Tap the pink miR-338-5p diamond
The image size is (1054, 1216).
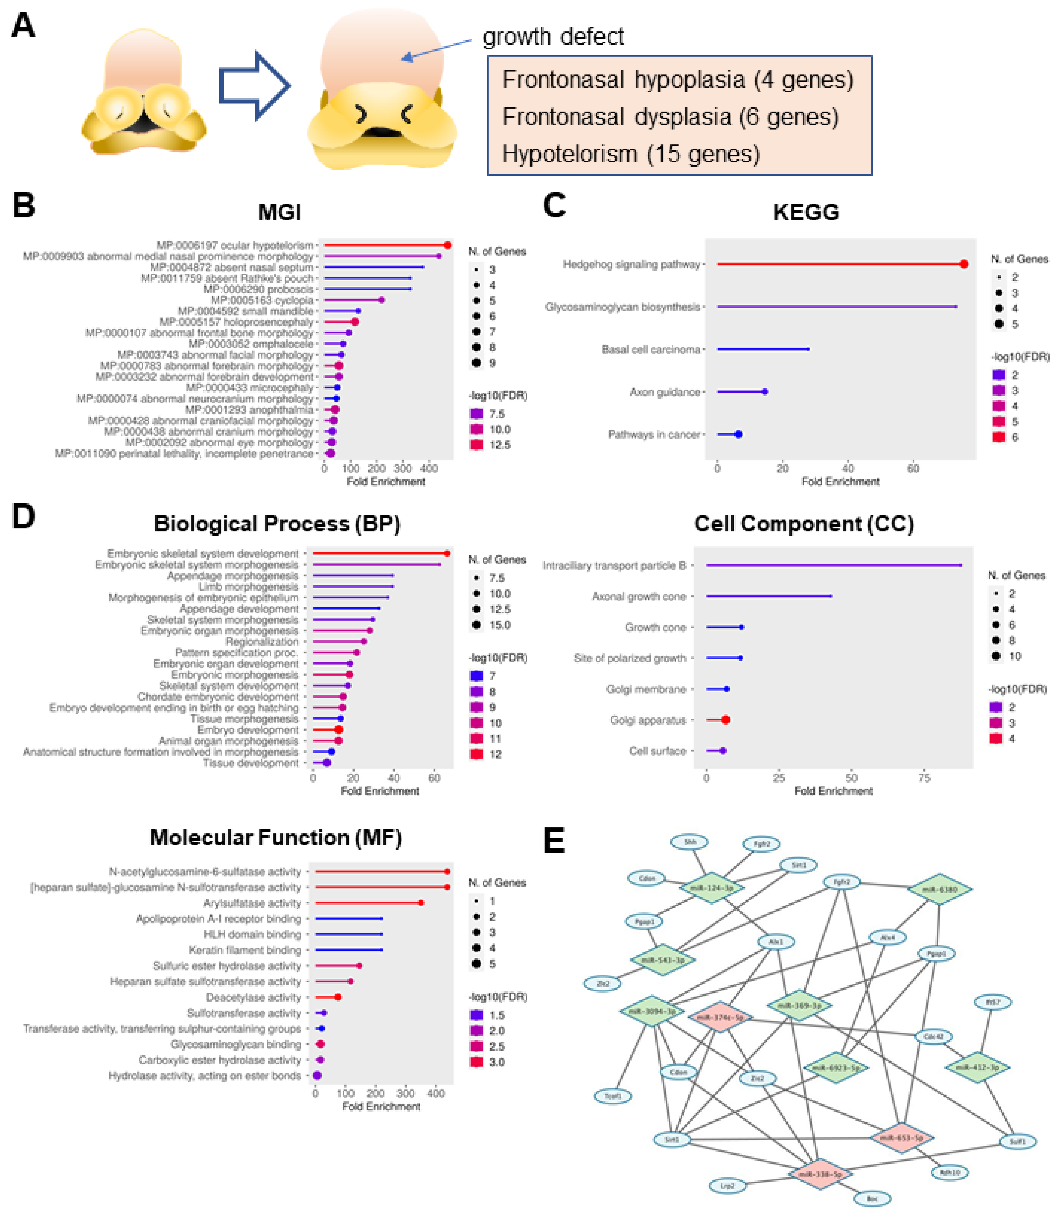pos(819,1174)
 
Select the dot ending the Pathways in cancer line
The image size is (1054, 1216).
pos(738,435)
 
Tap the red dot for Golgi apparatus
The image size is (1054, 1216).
pos(726,720)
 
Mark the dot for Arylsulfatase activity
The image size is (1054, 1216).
pos(420,903)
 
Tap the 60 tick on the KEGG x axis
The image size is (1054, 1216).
pos(913,469)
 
